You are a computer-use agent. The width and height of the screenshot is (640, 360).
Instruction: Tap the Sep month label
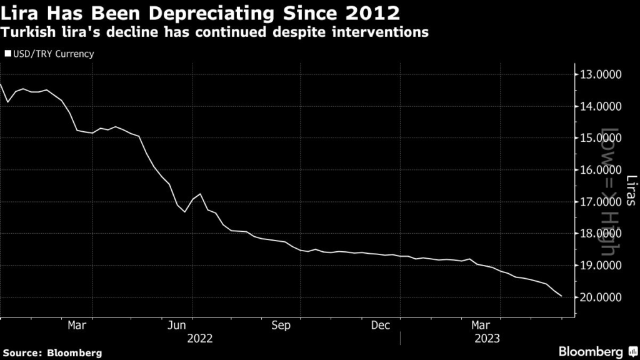point(281,325)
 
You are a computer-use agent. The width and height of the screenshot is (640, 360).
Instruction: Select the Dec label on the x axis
point(381,325)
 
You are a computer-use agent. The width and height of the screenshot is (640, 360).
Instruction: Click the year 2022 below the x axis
point(199,339)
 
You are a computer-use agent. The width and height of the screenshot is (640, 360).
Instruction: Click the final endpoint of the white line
point(561,296)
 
